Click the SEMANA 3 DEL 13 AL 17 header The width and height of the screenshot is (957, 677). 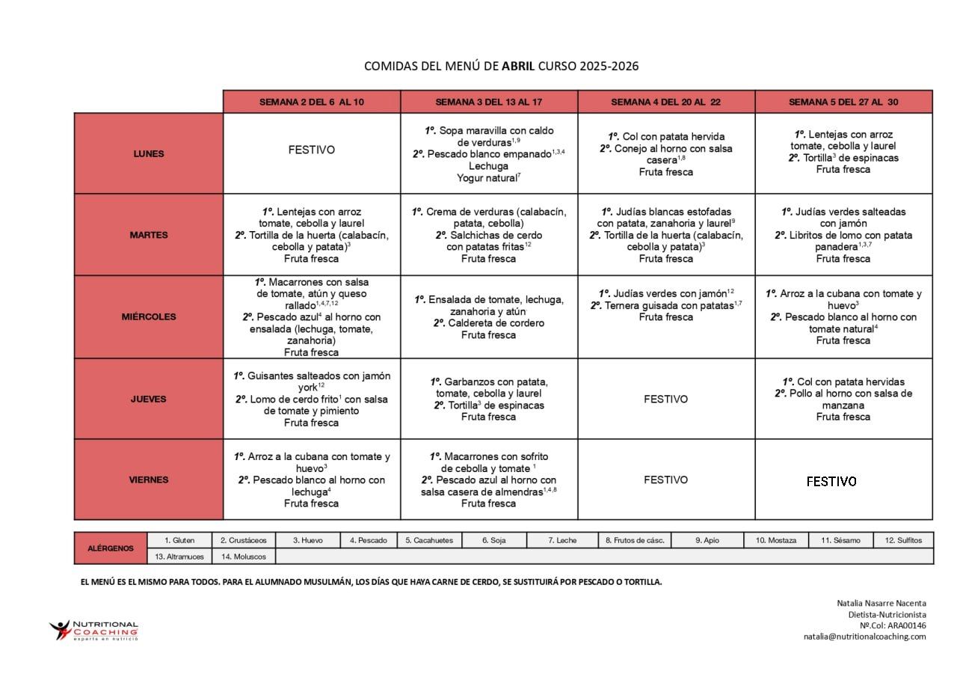[x=489, y=102]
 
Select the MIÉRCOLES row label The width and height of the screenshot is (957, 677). [x=148, y=316]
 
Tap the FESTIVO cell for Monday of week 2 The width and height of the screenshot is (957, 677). [x=312, y=150]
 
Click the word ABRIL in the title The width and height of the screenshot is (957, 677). [x=518, y=66]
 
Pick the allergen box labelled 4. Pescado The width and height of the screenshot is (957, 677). [x=372, y=540]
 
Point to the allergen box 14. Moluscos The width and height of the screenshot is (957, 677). [x=244, y=557]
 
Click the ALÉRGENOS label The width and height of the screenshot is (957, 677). [x=111, y=548]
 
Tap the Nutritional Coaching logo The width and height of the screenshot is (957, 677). [x=94, y=630]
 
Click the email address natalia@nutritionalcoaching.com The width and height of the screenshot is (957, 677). [x=864, y=637]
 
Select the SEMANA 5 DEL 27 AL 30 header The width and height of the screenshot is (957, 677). [x=843, y=102]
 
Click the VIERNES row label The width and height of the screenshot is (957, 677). [x=148, y=480]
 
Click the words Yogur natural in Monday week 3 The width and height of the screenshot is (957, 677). [x=487, y=178]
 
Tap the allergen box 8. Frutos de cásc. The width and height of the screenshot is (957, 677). [x=635, y=540]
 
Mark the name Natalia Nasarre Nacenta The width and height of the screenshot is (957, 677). [x=881, y=603]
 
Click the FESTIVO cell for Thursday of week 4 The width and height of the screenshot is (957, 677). [x=665, y=399]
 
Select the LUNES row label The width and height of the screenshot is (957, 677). [x=148, y=153]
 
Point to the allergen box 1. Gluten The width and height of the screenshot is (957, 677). [x=179, y=540]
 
